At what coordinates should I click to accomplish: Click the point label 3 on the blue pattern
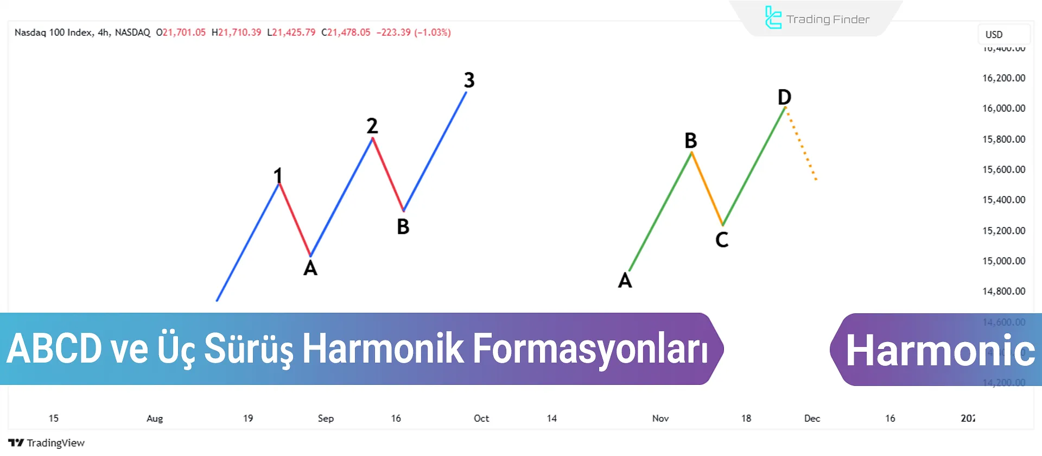[x=469, y=80]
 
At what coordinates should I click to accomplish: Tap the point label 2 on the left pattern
[x=372, y=126]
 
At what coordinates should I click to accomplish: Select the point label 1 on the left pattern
[x=278, y=175]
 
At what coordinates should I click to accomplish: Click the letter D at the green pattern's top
[x=784, y=97]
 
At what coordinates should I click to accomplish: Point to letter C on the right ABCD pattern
[x=722, y=239]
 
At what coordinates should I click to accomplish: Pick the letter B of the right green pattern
[x=690, y=141]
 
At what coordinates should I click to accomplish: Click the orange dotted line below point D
[x=802, y=144]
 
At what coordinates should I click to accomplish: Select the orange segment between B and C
[x=707, y=189]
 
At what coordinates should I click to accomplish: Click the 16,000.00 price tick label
[x=1003, y=109]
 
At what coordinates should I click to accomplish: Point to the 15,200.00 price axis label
[x=1003, y=231]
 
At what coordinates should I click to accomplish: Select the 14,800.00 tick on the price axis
[x=1003, y=292]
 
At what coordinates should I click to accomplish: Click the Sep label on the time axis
[x=326, y=419]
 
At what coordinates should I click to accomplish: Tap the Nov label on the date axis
[x=660, y=419]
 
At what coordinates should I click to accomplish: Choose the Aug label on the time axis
[x=155, y=419]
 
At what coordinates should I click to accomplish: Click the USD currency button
[x=994, y=35]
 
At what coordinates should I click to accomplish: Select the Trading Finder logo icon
[x=773, y=18]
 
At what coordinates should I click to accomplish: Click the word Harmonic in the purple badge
[x=940, y=351]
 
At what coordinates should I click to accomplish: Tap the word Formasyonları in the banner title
[x=590, y=349]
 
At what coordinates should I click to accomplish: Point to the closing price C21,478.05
[x=346, y=33]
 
